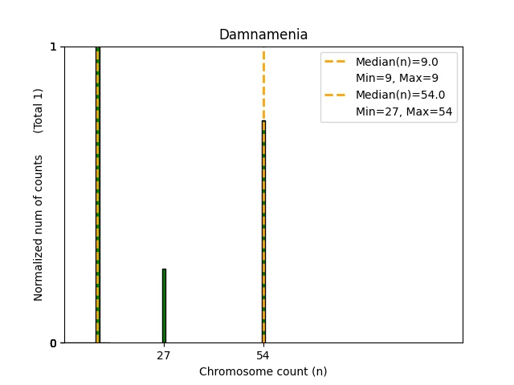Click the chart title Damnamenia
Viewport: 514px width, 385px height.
[263, 35]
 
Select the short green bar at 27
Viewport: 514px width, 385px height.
[164, 306]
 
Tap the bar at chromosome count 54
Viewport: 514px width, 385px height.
[263, 233]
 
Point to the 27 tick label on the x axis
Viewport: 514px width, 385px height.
[164, 355]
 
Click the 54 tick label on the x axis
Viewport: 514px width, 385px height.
[263, 355]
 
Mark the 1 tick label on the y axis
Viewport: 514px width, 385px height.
[53, 47]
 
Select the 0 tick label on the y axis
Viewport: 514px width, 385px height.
[53, 343]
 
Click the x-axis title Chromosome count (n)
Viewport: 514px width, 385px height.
[263, 371]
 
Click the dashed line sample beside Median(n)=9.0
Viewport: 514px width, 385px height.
[335, 62]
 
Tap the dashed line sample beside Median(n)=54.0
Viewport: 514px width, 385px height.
[335, 95]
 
